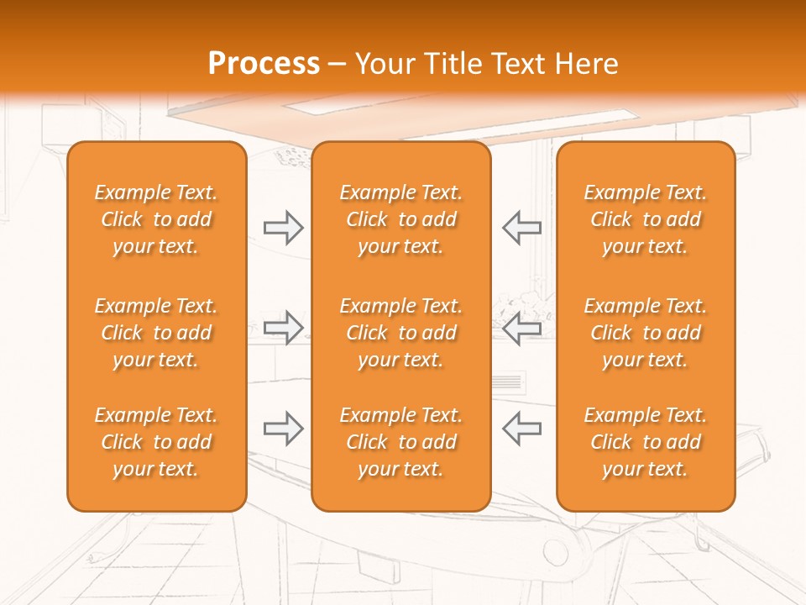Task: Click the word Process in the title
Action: coord(264,64)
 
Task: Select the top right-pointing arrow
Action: coord(284,228)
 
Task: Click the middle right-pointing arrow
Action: coord(284,328)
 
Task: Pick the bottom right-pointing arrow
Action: coord(284,429)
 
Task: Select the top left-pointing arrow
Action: coord(521,228)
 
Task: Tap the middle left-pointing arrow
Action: coord(521,328)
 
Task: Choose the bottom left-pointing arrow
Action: coord(521,429)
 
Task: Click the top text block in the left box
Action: coord(156,219)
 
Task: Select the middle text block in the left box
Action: coord(156,333)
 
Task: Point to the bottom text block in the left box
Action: coord(156,442)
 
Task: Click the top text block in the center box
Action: coord(401,219)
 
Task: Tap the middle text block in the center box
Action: coord(401,333)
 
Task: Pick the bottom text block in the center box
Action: coord(401,442)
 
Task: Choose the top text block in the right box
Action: coord(646,219)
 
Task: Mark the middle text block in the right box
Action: coord(646,333)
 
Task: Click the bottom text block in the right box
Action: coord(646,442)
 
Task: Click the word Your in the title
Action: coord(383,64)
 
